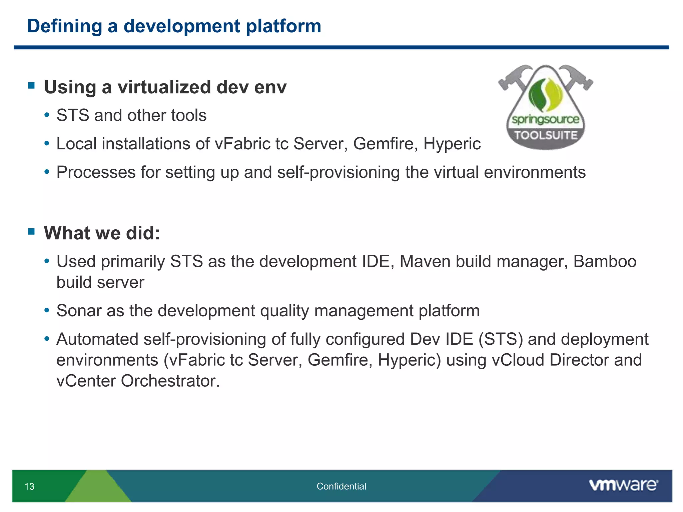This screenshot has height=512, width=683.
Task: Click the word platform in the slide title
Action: tap(283, 26)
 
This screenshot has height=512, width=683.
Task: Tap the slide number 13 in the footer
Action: tap(29, 486)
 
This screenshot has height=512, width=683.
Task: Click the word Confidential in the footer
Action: tap(341, 486)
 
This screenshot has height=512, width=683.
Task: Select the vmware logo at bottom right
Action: tap(623, 485)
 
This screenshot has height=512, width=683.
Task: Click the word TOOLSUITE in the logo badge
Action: tap(546, 135)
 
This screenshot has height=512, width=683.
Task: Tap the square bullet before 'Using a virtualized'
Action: tap(32, 86)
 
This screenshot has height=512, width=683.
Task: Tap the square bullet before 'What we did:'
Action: tap(32, 231)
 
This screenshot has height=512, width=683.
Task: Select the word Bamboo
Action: tap(605, 261)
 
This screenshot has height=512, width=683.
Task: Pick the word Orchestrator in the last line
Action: tap(170, 381)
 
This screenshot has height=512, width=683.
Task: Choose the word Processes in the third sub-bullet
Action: tap(96, 173)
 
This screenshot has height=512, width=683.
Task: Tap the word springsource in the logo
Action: tap(546, 119)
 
